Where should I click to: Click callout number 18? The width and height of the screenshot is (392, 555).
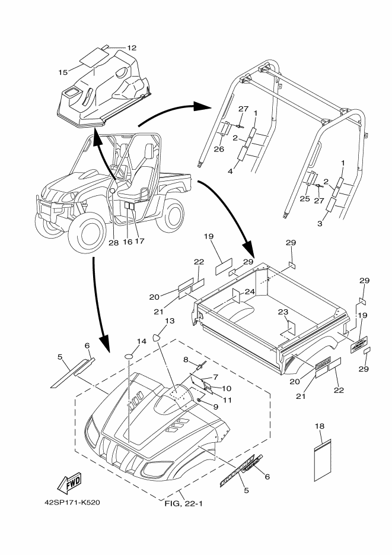click(320, 427)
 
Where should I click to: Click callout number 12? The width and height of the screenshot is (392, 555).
click(131, 47)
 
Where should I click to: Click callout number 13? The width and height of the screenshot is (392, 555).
click(170, 321)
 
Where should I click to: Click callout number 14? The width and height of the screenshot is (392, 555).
click(142, 341)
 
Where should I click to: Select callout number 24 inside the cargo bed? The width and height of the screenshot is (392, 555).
click(250, 291)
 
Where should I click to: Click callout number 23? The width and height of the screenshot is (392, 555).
click(283, 312)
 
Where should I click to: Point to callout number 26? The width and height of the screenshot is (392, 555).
click(219, 149)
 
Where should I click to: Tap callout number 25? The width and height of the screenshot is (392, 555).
click(304, 199)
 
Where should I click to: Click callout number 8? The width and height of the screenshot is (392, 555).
click(185, 360)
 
